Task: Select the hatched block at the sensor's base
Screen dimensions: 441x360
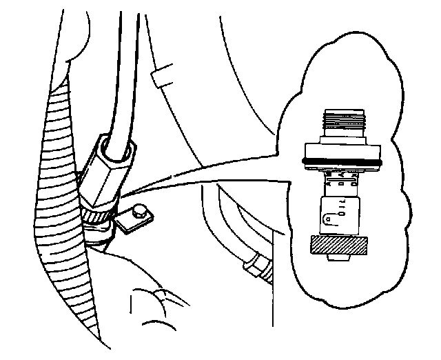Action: (x=338, y=245)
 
